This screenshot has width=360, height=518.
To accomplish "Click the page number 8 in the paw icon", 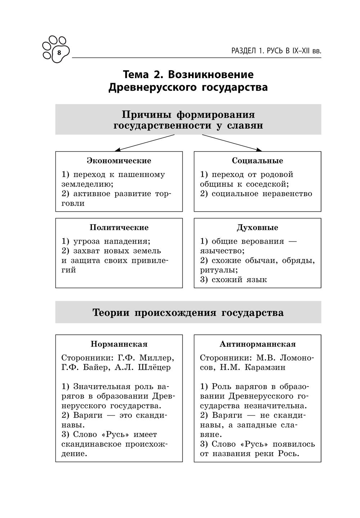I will pos(59,53).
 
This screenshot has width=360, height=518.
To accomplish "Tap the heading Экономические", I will pos(119,161).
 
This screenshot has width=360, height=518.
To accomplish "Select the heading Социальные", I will pos(257,161).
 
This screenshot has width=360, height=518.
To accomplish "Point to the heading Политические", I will pos(119,228).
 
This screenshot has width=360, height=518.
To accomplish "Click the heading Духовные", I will pos(257,228).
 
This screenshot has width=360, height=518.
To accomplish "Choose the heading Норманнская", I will pos(119,344).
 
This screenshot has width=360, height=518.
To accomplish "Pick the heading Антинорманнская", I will pos(257,344).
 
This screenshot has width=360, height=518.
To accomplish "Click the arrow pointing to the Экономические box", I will pos(144,143).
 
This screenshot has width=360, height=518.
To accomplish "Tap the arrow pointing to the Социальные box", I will pos(232,143).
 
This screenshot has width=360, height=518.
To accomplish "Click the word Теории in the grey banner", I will pos(111,312).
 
